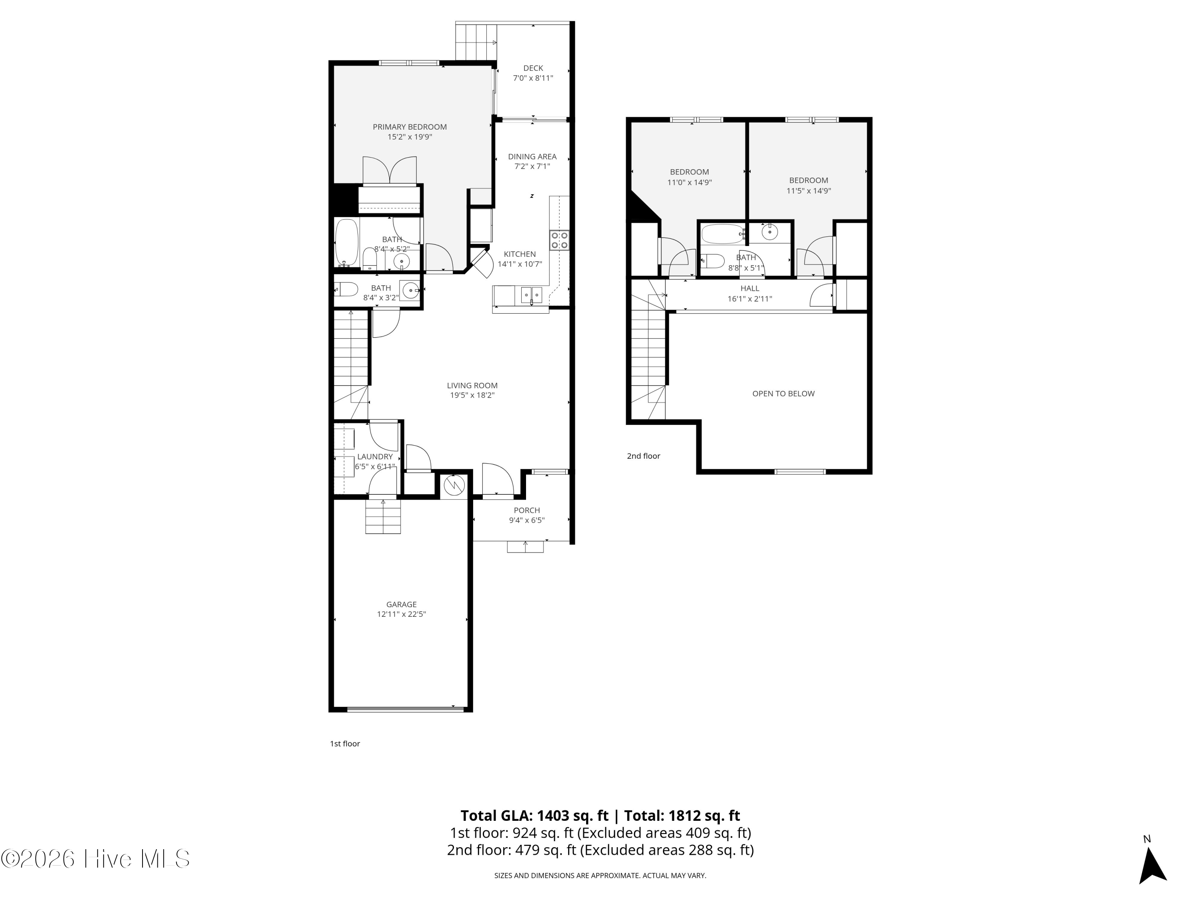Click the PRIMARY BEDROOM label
(410, 127)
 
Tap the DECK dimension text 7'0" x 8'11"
(533, 78)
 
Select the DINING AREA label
(532, 157)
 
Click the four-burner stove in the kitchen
(559, 240)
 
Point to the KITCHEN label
(520, 254)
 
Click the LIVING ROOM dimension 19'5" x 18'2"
(472, 396)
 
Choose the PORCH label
(527, 510)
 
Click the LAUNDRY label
(375, 457)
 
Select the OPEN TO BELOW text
(783, 394)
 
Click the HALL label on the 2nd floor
(750, 289)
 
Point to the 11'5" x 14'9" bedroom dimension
(808, 191)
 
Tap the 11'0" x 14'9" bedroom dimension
(689, 183)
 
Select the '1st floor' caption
(345, 744)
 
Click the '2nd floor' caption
(643, 456)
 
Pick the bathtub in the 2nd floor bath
(723, 234)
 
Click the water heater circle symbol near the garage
(454, 486)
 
